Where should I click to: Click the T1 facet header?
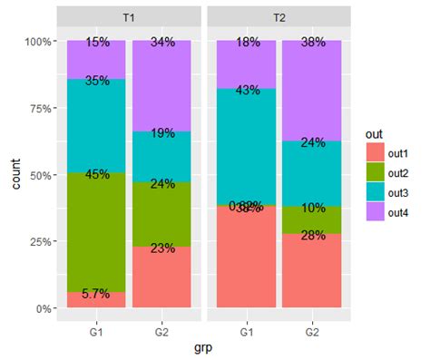[129, 17]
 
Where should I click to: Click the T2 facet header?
[279, 17]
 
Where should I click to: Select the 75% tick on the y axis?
[40, 108]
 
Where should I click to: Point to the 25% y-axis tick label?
[40, 241]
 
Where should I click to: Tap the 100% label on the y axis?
[37, 42]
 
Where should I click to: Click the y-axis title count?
[14, 174]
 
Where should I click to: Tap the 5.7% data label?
[96, 294]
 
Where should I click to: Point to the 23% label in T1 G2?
[162, 248]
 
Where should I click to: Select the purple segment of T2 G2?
[311, 91]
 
